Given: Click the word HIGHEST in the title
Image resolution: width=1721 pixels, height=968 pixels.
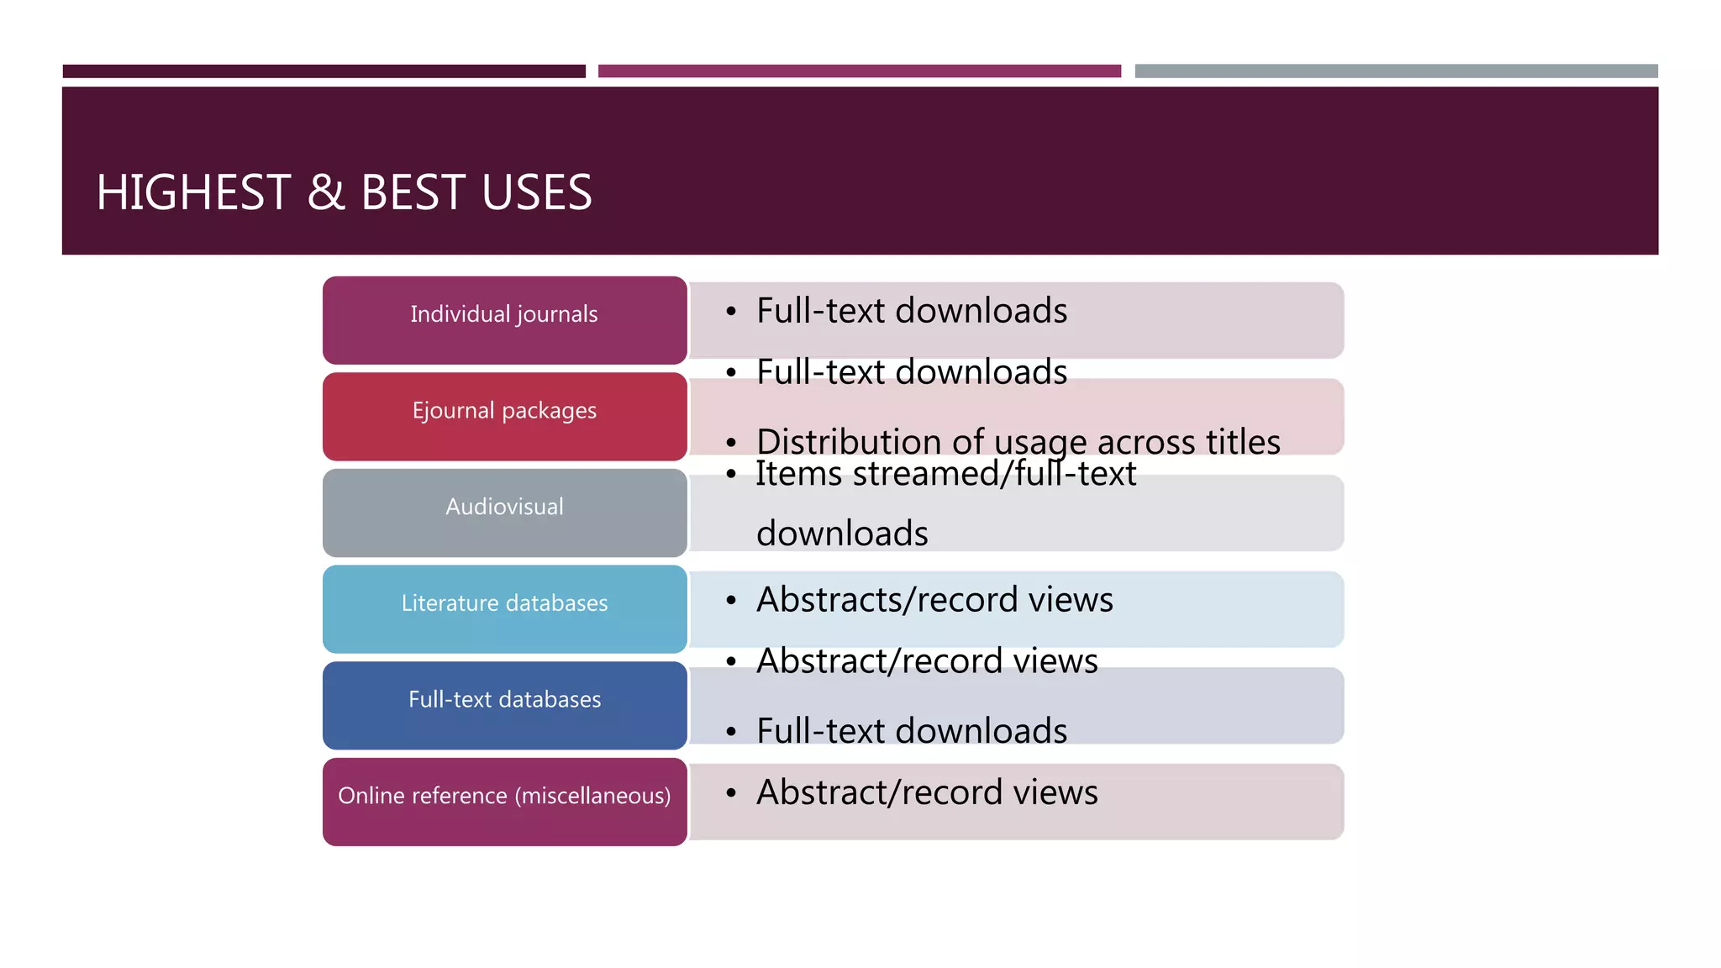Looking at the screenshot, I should point(193,192).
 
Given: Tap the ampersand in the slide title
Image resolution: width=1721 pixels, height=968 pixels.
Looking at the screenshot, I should point(326,192).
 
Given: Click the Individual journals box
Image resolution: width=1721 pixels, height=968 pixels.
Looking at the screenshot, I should point(504,319).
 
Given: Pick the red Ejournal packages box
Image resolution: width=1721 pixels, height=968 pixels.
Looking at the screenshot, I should point(504,416).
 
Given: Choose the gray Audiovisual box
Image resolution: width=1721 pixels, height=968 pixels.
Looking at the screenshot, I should point(504,513).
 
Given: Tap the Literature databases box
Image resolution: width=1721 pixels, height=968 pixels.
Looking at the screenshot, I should point(504,608).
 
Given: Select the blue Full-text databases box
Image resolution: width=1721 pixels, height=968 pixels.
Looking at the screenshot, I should point(504,705).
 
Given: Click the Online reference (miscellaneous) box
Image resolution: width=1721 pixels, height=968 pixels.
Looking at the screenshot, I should point(504,801).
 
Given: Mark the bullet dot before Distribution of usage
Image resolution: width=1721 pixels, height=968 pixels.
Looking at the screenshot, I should point(731,443).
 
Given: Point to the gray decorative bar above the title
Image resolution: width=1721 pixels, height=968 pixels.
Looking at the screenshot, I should point(1396,71).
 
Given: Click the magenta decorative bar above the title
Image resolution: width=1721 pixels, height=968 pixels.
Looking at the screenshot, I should point(859,71).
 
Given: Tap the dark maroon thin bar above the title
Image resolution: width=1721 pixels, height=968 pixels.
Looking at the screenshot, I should point(324,71).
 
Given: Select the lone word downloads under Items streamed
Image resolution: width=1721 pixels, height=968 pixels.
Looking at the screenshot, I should point(842,534).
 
